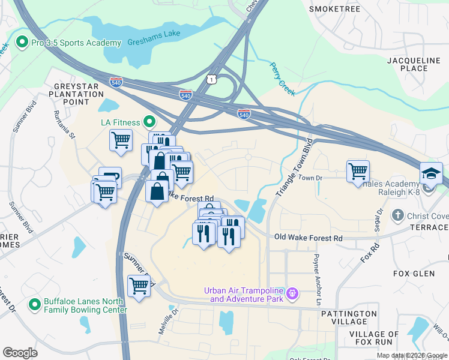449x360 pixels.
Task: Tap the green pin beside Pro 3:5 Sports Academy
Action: point(22,43)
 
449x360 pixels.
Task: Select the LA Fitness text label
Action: point(119,122)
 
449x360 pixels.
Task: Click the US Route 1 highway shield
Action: point(211,79)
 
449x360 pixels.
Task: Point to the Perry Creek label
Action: point(282,79)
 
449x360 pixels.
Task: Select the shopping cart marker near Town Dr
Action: point(358,171)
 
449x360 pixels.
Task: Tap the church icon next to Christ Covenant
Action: point(397,215)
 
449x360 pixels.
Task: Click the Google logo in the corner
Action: point(20,353)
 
